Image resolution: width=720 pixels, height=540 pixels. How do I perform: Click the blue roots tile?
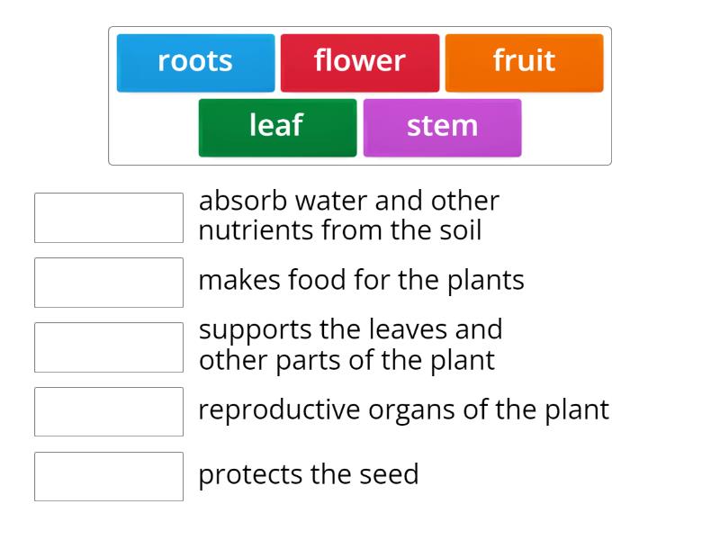click(x=195, y=62)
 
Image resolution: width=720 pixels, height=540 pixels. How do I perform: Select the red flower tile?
click(x=360, y=62)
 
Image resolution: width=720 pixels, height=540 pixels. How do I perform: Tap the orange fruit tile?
click(x=524, y=62)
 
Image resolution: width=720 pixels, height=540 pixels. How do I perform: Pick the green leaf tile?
click(x=276, y=126)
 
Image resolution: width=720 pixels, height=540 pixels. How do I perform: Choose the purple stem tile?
click(x=442, y=126)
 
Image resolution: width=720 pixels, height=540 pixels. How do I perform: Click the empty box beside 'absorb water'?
click(x=109, y=218)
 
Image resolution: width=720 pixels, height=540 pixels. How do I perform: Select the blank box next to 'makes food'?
click(x=109, y=283)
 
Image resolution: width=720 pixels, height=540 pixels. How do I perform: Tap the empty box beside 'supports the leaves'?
click(x=109, y=347)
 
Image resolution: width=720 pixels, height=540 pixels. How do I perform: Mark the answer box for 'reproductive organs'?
click(x=109, y=412)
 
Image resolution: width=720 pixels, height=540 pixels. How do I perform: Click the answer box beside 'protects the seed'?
click(x=109, y=477)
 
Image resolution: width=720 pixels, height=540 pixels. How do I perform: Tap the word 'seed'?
click(x=391, y=474)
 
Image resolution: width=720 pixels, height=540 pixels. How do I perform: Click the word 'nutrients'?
click(x=256, y=231)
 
